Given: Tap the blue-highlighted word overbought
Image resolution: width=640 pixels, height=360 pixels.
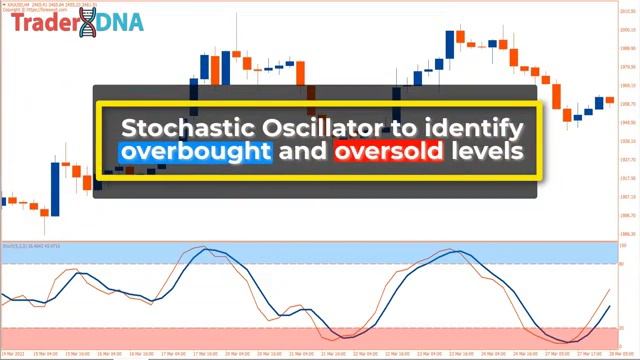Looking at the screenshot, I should [x=194, y=153].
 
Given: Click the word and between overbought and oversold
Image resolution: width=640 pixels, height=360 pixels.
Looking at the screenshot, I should [x=302, y=153].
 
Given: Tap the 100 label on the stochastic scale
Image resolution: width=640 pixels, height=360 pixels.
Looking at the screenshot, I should [x=623, y=245].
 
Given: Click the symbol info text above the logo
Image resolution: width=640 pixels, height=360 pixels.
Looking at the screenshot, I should [x=40, y=5].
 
